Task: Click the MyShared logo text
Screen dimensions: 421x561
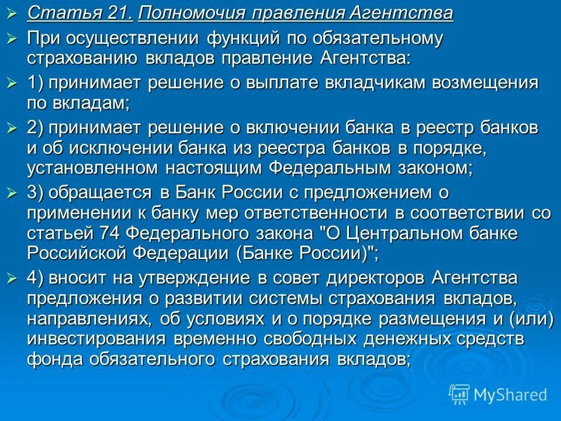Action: click(510, 395)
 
